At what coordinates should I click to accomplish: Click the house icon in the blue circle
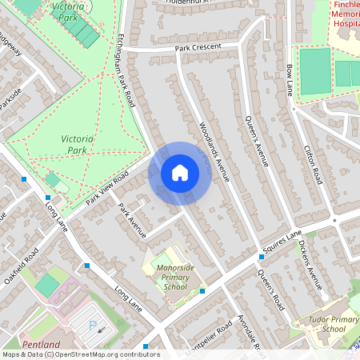tap(180, 173)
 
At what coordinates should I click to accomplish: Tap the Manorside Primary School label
tap(174, 278)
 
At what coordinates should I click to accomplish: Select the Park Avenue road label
tap(131, 220)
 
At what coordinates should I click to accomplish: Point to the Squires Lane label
tap(284, 239)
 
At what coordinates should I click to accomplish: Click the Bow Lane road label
tap(290, 79)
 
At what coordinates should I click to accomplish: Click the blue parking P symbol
tap(92, 326)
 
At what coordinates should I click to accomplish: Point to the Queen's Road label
tap(271, 289)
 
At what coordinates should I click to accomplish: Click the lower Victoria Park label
tap(77, 144)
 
